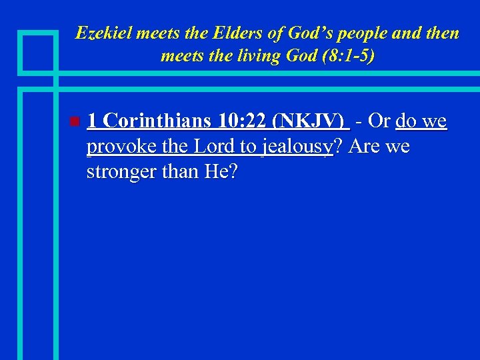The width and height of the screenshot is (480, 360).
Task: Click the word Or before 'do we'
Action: (379, 121)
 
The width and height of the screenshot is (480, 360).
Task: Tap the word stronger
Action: (123, 171)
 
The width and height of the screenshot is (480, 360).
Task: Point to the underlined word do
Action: (407, 121)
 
